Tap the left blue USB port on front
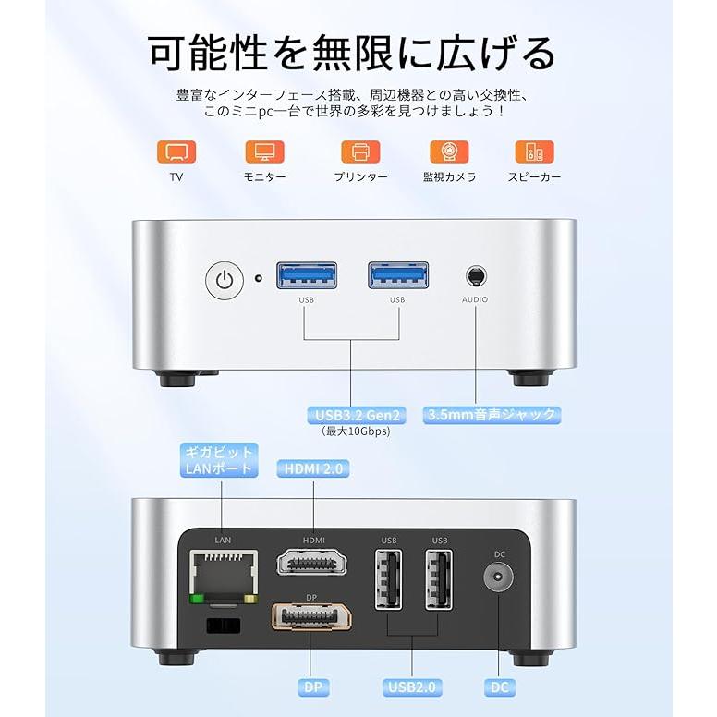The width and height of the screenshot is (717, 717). point(306,275)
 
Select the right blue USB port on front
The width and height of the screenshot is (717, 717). point(397,275)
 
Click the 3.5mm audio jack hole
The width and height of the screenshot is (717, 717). point(475,275)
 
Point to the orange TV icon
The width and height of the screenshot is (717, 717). point(176,152)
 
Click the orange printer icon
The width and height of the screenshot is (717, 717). point(360,152)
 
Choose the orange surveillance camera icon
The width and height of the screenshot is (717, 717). point(449,152)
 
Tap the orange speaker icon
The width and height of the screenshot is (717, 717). point(534,152)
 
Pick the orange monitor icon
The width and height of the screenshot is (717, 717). point(264,152)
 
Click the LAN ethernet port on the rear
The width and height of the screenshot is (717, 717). point(222,573)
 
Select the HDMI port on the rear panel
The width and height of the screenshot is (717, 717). point(313,564)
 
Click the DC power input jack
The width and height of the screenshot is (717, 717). point(499,580)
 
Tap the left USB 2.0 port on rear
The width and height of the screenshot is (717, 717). point(388,579)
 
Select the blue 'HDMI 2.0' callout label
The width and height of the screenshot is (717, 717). point(313,469)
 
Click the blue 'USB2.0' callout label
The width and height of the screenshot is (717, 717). point(412,687)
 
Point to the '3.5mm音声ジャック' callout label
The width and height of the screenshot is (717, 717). point(492,414)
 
